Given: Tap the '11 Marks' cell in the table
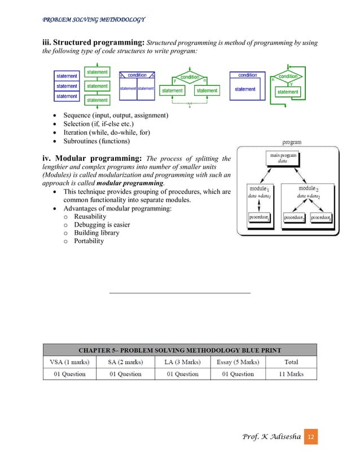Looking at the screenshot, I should [x=291, y=373].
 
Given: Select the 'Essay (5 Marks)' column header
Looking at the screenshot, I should [x=238, y=362].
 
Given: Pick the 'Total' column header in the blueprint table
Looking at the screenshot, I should [x=291, y=362].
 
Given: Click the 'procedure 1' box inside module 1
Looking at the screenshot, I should [x=259, y=217].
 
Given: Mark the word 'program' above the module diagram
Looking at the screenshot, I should [x=291, y=142].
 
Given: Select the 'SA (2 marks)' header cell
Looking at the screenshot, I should [x=125, y=362].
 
